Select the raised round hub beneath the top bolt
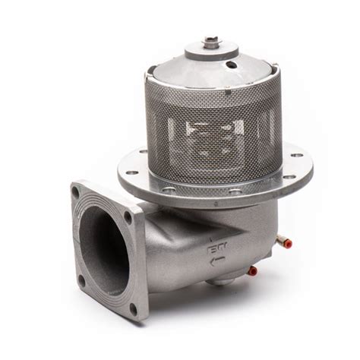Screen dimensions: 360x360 point(210,50)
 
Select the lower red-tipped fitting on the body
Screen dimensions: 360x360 point(253,270)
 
